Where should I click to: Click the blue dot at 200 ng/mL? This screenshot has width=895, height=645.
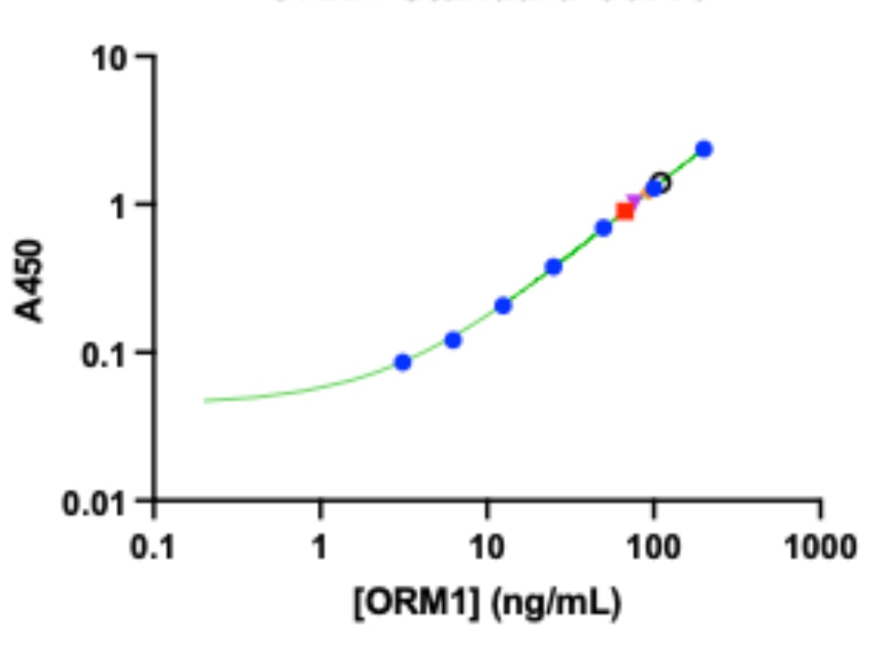(703, 149)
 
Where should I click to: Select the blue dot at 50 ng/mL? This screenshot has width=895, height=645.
(604, 227)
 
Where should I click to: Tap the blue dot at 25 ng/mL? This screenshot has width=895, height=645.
(553, 267)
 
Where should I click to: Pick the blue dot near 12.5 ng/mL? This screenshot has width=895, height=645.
(503, 305)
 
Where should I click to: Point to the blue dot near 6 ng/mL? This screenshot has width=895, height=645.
(453, 340)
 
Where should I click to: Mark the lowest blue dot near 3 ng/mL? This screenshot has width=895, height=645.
(403, 362)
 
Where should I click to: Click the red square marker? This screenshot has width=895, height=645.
(625, 211)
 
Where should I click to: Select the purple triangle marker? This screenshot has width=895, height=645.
(636, 201)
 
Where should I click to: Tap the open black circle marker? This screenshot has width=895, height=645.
(660, 183)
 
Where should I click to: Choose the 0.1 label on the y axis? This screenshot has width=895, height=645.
(107, 353)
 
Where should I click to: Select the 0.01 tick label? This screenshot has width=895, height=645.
(98, 502)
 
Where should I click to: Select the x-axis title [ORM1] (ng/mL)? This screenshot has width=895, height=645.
(487, 604)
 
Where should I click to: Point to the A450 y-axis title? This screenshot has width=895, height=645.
(31, 280)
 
